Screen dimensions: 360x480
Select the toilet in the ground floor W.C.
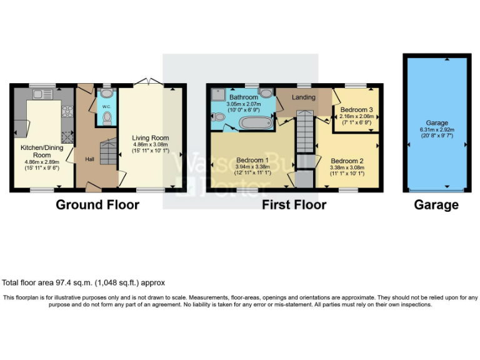[106, 118]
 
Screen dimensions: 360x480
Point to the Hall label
[90, 159]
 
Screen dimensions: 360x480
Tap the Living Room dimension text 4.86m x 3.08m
[150, 144]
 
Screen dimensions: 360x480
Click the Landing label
[304, 97]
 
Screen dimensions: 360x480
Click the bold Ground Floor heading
[97, 204]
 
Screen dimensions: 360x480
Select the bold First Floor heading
[294, 204]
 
